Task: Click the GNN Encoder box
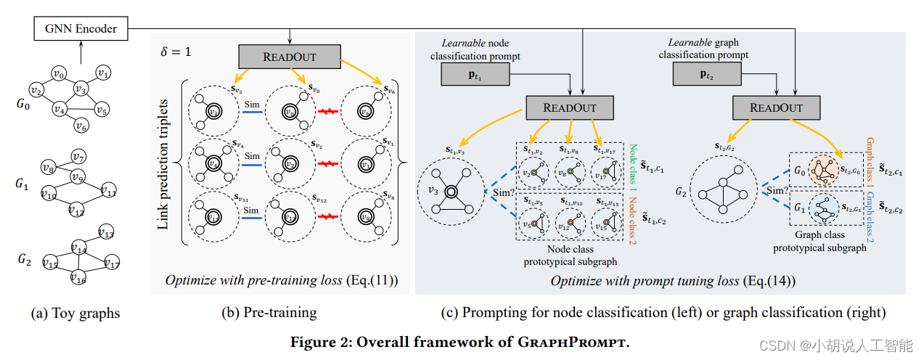click(x=80, y=29)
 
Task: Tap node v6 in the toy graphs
click(x=81, y=126)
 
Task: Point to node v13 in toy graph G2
click(x=106, y=234)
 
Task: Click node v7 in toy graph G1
click(x=78, y=157)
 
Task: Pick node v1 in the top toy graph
click(x=104, y=73)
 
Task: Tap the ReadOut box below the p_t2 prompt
click(x=776, y=107)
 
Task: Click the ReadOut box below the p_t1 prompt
click(x=570, y=107)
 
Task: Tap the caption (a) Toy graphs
click(x=75, y=314)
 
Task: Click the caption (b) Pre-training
click(x=269, y=314)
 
